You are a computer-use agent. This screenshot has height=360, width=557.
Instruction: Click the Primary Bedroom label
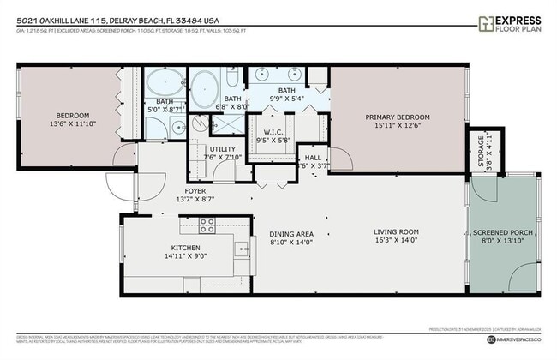pos(395,117)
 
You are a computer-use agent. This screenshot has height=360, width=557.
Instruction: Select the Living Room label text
pos(395,231)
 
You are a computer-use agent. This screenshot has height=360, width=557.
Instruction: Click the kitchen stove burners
pos(207,225)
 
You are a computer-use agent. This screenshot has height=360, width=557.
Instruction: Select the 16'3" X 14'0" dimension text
pos(395,241)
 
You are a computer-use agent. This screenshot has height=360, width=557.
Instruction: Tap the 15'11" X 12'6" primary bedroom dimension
pos(395,126)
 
